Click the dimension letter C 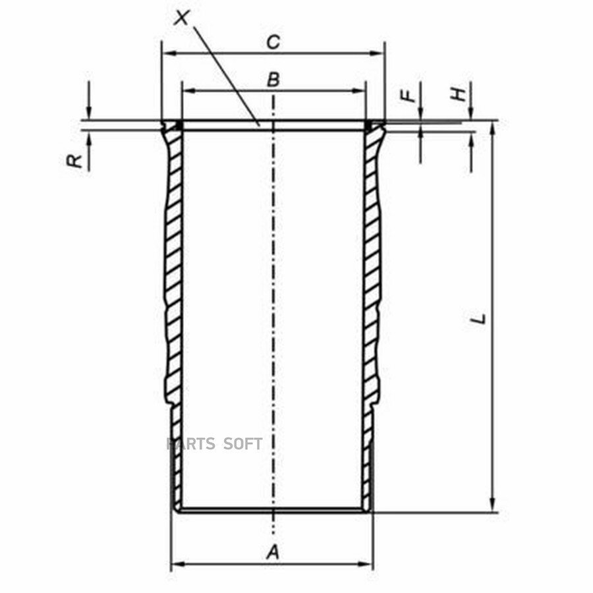273,42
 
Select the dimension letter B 273,80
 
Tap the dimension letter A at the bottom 273,552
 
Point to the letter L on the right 479,318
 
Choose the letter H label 459,94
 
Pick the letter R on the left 74,161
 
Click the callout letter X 183,18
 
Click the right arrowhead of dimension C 377,53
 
